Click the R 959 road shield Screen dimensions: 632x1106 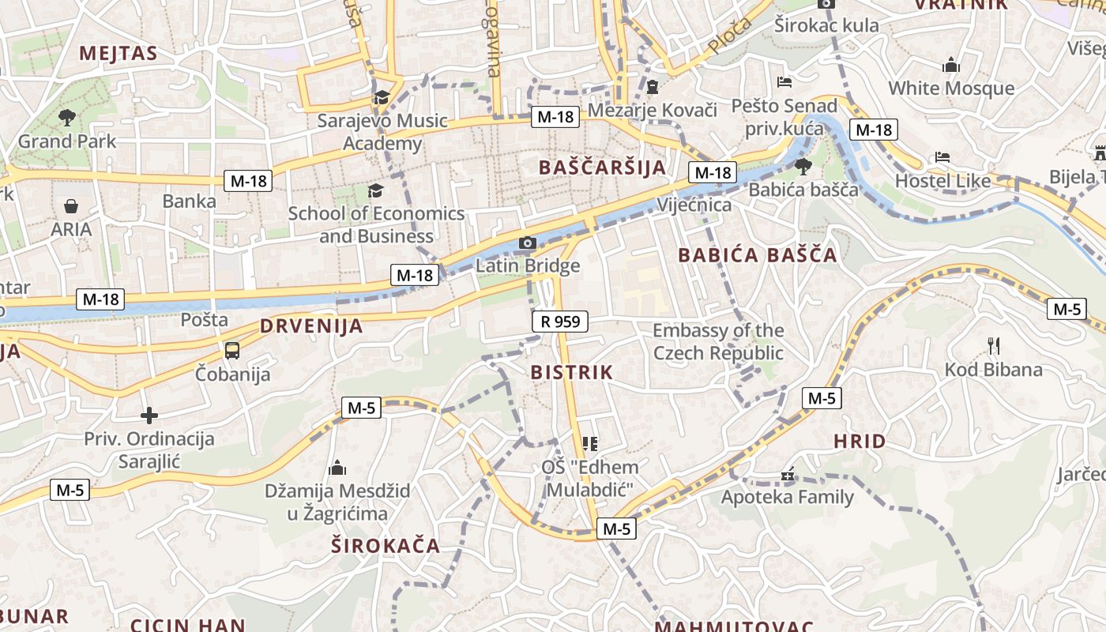(x=560, y=321)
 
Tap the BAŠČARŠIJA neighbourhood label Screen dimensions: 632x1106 (x=602, y=167)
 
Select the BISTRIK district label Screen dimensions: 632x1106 (x=571, y=372)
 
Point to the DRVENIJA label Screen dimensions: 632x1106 (x=311, y=326)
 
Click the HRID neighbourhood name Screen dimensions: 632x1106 (x=860, y=441)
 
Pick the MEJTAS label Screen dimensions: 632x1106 (x=118, y=54)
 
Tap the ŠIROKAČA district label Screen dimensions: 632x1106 (x=385, y=545)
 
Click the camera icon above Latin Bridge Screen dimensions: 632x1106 (x=528, y=243)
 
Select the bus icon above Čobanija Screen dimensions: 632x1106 (x=232, y=351)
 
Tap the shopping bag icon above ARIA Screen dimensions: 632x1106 (x=71, y=206)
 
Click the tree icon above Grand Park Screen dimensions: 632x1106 (x=66, y=118)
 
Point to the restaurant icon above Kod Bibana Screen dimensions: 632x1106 (x=994, y=345)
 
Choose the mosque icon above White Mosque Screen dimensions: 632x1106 (x=951, y=64)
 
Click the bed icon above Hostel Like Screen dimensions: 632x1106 (x=942, y=157)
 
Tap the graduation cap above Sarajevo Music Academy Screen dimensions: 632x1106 (x=382, y=97)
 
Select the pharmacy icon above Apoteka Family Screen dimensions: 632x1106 (x=787, y=475)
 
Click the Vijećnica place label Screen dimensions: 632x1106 (x=694, y=205)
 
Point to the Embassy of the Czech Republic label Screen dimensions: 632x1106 (x=718, y=341)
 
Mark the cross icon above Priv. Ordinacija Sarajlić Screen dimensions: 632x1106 (x=149, y=416)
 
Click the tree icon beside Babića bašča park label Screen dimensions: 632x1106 (x=803, y=166)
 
